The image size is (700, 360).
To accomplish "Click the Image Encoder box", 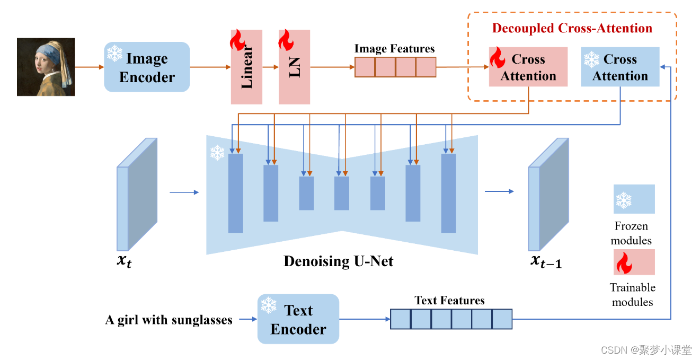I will [147, 67].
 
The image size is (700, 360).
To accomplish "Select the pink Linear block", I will [246, 67].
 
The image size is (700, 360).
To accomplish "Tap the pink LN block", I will [294, 67].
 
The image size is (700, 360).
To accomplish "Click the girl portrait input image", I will [46, 67].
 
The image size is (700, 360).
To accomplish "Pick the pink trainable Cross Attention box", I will [528, 67].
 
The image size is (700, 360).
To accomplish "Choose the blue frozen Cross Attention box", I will [620, 67].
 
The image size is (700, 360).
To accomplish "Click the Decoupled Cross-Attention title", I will [572, 28].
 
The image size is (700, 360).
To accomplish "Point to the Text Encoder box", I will [298, 319].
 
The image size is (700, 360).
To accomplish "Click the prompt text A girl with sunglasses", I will [169, 320].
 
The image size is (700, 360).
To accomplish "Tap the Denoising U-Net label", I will [339, 261].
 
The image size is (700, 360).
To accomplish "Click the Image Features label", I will [394, 49].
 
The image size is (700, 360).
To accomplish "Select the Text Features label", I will [449, 301].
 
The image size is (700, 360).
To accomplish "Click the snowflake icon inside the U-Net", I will [217, 153].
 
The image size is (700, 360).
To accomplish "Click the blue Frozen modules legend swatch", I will [634, 199].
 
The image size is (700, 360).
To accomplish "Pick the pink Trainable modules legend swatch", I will [634, 262].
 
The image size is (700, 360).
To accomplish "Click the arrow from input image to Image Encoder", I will [89, 67].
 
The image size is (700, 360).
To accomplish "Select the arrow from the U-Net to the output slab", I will [499, 191].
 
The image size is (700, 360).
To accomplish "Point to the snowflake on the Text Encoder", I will [269, 305].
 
